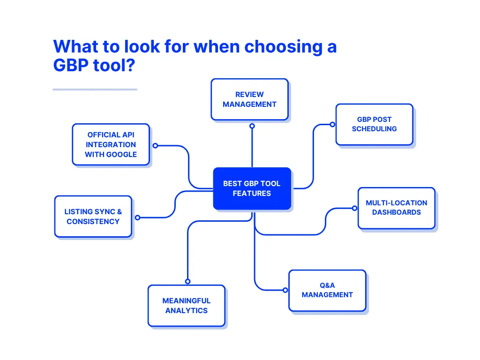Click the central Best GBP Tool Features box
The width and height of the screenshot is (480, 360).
click(252, 188)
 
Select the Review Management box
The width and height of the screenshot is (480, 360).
click(249, 99)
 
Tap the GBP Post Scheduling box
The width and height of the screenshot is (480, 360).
click(374, 124)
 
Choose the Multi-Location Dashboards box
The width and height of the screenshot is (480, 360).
click(396, 208)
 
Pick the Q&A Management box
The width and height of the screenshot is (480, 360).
click(327, 290)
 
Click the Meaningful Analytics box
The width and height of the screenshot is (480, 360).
click(186, 306)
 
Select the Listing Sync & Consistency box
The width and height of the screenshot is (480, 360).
click(93, 217)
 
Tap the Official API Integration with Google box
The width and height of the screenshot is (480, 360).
click(111, 145)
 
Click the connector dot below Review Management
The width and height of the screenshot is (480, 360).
click(252, 126)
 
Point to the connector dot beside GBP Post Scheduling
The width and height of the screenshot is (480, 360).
click(332, 125)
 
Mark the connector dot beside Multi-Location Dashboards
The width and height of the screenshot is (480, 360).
click(355, 208)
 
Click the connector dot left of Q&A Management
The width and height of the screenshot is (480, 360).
click(285, 291)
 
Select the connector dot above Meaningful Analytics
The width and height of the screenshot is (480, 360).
click(187, 282)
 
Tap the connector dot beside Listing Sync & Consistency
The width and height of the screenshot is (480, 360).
click(137, 217)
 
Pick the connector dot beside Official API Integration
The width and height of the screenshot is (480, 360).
click(155, 146)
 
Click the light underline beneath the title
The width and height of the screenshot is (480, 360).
click(95, 90)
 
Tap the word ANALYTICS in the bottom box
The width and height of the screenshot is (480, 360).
click(186, 311)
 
